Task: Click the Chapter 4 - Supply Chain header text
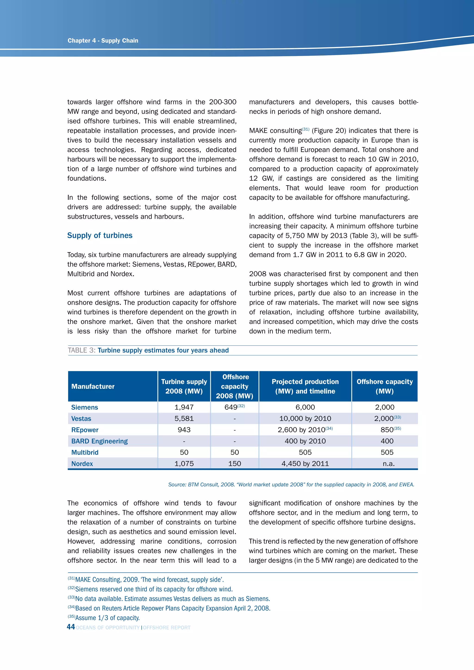[103, 40]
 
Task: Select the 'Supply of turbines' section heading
[100, 236]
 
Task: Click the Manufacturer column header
[93, 386]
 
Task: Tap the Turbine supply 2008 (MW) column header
[184, 386]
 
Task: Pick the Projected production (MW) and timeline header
[305, 386]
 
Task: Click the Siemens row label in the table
[85, 407]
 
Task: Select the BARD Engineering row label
[100, 441]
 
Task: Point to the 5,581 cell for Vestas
[184, 419]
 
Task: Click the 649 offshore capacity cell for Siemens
[231, 407]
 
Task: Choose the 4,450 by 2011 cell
[305, 464]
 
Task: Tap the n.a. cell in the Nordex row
[389, 464]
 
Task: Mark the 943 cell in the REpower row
[184, 430]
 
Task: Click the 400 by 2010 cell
[305, 441]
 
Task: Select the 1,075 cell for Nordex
[184, 464]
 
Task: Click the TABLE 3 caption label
[82, 351]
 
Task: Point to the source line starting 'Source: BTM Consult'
[291, 485]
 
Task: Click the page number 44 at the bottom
[71, 627]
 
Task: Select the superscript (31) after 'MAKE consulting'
[306, 129]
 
